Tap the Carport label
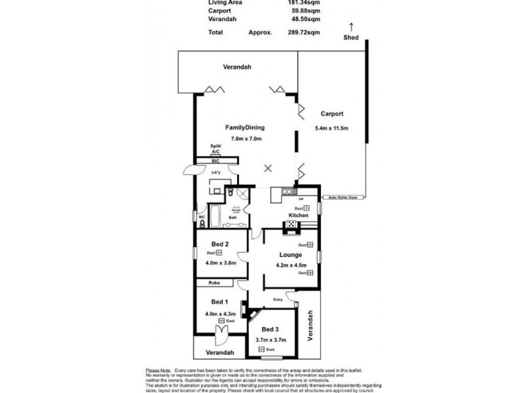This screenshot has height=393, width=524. (x=332, y=113)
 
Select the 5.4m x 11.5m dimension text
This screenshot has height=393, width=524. (x=332, y=128)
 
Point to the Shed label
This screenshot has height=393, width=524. (x=351, y=37)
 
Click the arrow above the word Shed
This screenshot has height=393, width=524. (x=351, y=27)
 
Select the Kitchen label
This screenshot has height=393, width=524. (x=299, y=215)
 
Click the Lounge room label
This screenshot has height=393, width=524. (x=290, y=254)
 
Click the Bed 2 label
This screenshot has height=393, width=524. (x=219, y=244)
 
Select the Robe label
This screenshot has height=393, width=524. (x=214, y=283)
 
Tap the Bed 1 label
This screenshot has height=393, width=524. (x=219, y=302)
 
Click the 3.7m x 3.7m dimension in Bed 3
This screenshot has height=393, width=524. (x=271, y=340)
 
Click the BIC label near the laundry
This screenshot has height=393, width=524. (x=215, y=160)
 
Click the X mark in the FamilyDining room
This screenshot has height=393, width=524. (x=267, y=168)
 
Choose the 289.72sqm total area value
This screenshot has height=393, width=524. (x=305, y=31)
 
